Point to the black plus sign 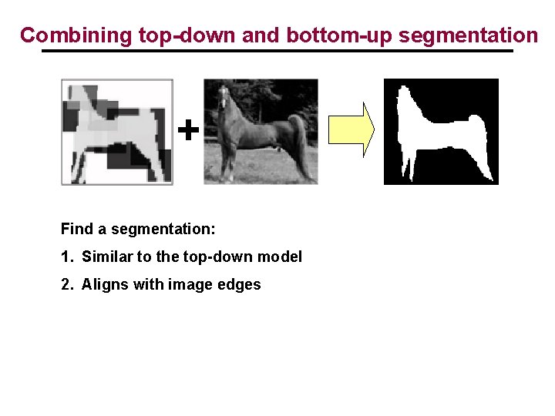[x=188, y=130]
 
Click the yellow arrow [x=351, y=129]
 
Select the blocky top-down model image [x=117, y=132]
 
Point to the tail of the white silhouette [x=479, y=143]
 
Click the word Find [x=76, y=229]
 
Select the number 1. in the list [x=66, y=257]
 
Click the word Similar [x=106, y=257]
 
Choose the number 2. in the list [x=66, y=284]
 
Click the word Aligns [x=104, y=284]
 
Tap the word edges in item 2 [x=240, y=285]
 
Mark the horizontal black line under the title [x=277, y=52]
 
